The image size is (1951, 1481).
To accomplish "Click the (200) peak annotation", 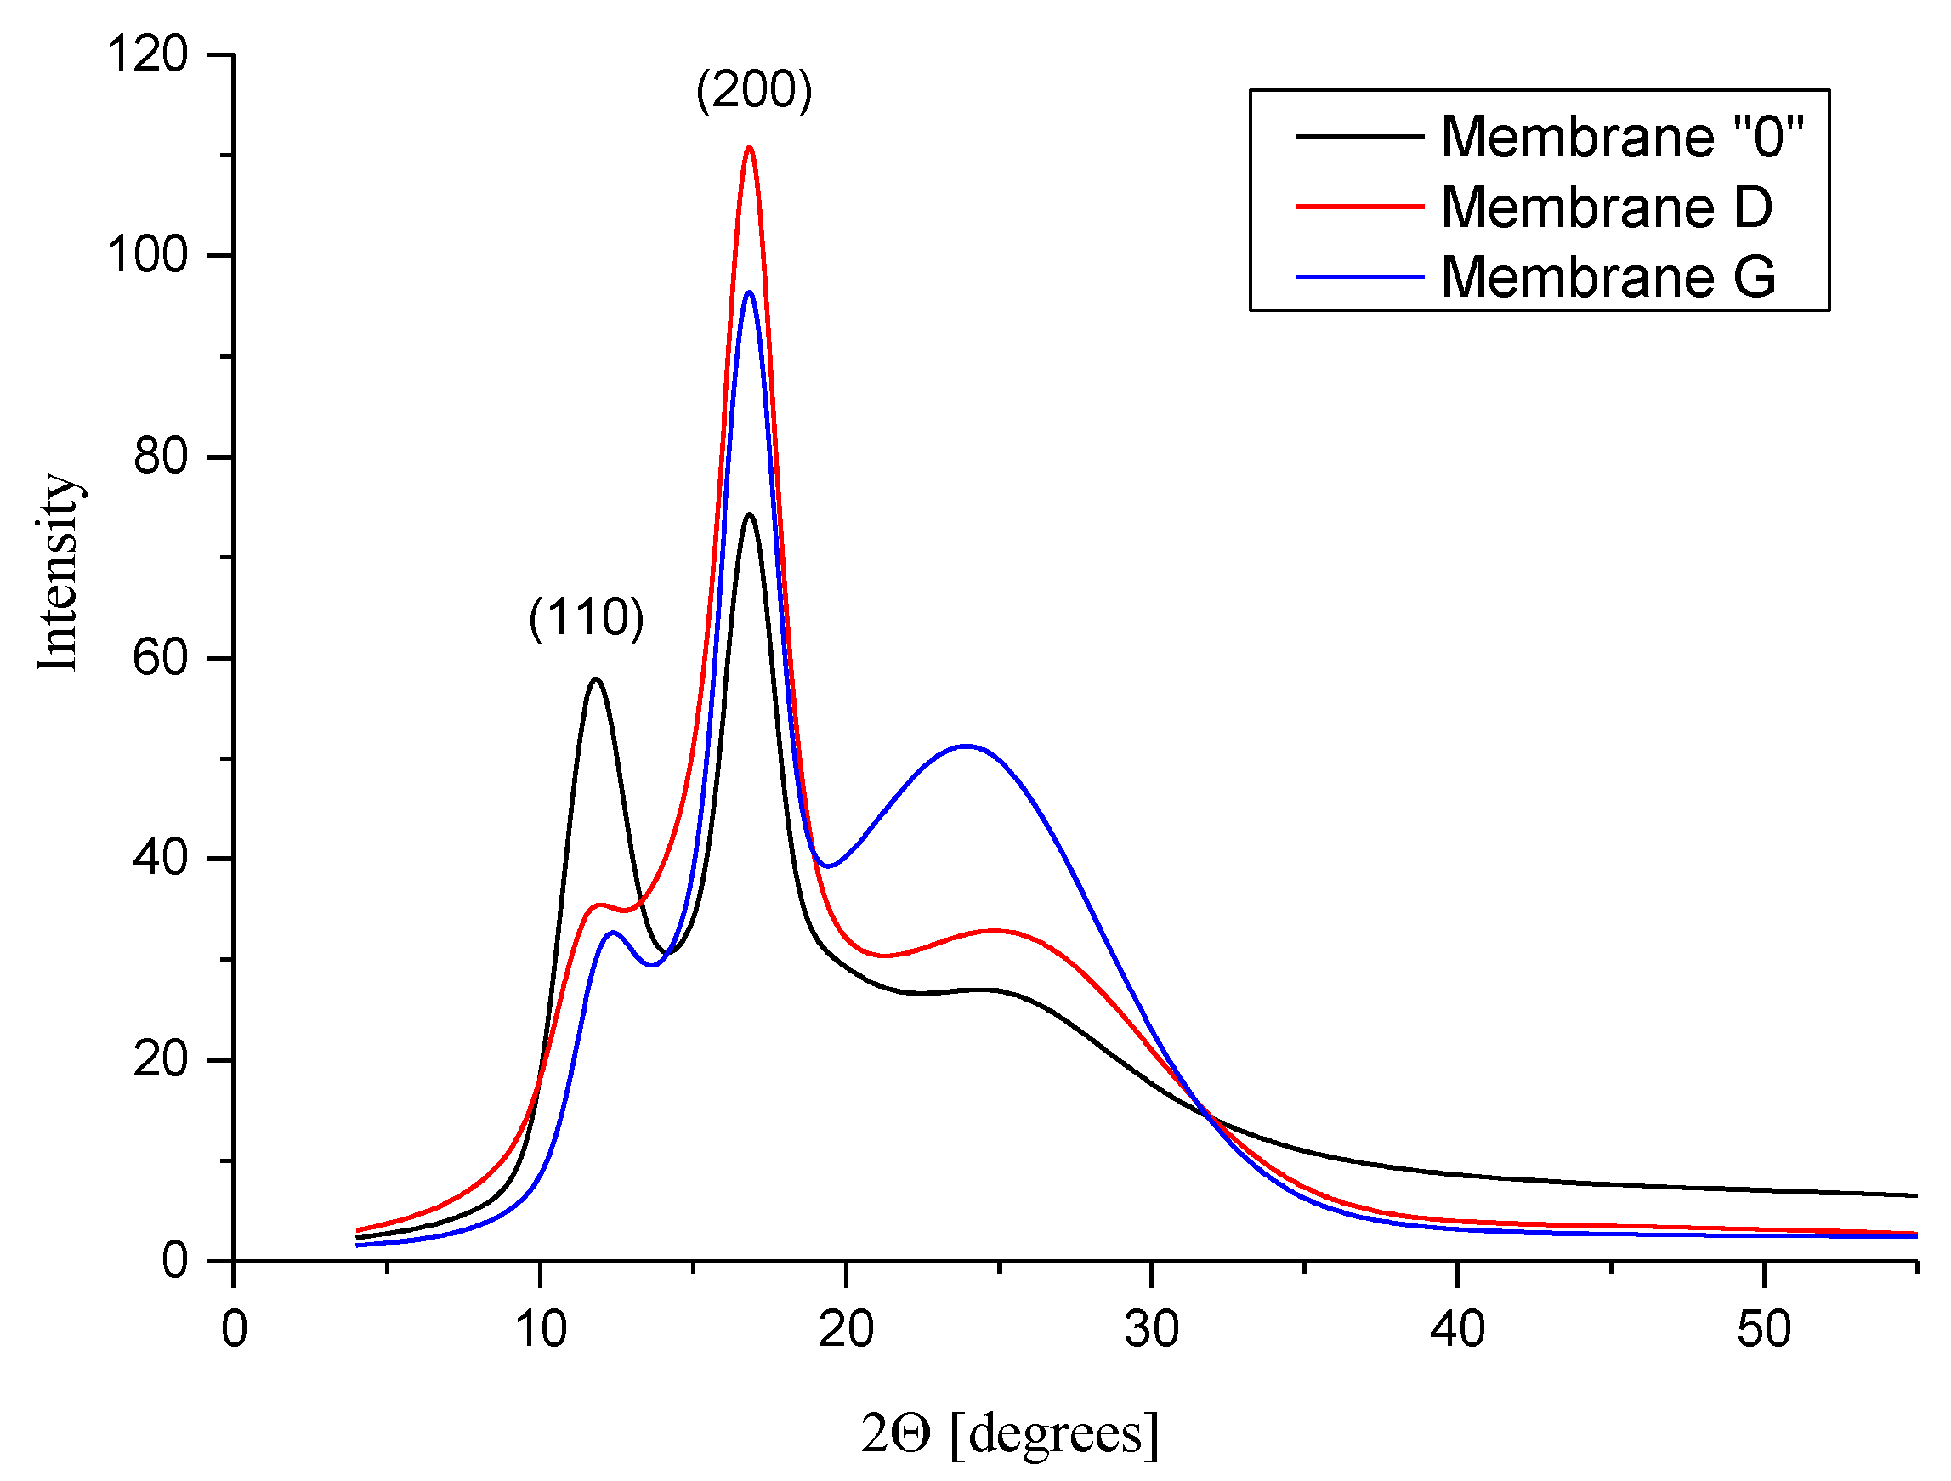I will click(x=754, y=90).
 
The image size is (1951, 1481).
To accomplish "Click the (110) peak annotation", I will click(x=587, y=616).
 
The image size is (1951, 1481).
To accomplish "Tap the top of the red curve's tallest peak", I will click(x=749, y=148).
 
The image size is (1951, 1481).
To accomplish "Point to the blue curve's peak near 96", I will click(x=749, y=292).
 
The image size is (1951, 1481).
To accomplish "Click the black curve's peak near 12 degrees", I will click(x=596, y=679).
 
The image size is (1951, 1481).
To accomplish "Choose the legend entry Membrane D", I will click(x=1606, y=207).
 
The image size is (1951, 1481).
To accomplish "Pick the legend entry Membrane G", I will click(x=1608, y=277).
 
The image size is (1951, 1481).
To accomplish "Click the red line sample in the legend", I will click(x=1359, y=207).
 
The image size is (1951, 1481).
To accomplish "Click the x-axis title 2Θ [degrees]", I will click(x=1010, y=1433).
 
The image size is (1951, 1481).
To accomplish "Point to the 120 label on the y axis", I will click(x=146, y=54).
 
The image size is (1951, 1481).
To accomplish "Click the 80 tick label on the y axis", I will click(x=161, y=457).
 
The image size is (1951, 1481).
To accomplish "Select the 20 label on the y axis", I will click(x=161, y=1059).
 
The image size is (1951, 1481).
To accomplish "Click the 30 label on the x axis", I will click(x=1151, y=1329).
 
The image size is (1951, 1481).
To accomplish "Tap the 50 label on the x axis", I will click(x=1763, y=1329).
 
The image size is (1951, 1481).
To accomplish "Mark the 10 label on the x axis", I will click(x=540, y=1329).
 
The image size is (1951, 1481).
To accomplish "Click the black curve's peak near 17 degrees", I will click(x=749, y=514).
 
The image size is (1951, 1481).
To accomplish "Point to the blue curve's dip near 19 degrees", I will click(x=826, y=865).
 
